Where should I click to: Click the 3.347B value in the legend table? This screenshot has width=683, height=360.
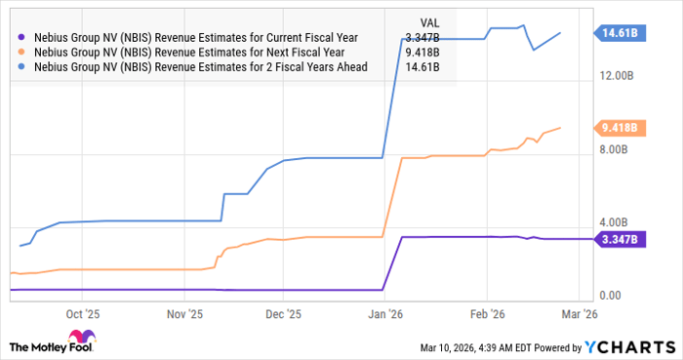pos(421,37)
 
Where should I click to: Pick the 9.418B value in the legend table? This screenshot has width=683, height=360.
pos(421,52)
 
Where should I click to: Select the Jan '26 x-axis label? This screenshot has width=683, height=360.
pos(385,314)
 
